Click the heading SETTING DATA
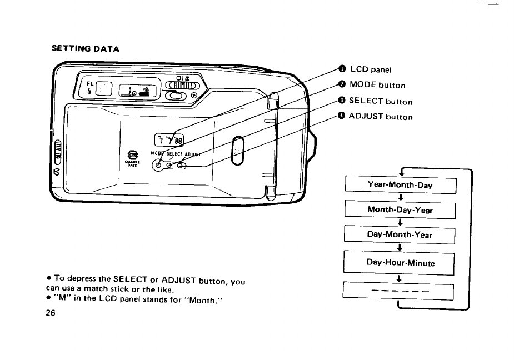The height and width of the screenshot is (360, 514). (x=85, y=48)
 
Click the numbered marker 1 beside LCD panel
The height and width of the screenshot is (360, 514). (x=342, y=69)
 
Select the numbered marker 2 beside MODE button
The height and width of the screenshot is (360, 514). (x=342, y=84)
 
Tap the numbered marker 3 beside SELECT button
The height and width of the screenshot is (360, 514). (x=342, y=101)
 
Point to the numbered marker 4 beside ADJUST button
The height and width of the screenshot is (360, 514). (x=342, y=116)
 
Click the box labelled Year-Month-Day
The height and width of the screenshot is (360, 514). (x=400, y=186)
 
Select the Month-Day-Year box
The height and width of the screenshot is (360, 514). (x=400, y=211)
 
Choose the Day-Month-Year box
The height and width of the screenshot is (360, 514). (x=400, y=234)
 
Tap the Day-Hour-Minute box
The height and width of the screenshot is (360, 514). (x=400, y=263)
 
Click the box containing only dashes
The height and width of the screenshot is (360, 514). (x=400, y=291)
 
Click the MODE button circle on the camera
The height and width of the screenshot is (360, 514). (x=159, y=166)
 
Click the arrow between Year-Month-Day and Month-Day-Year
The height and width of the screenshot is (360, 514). (x=400, y=198)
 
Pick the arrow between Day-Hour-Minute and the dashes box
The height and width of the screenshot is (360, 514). (x=400, y=278)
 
